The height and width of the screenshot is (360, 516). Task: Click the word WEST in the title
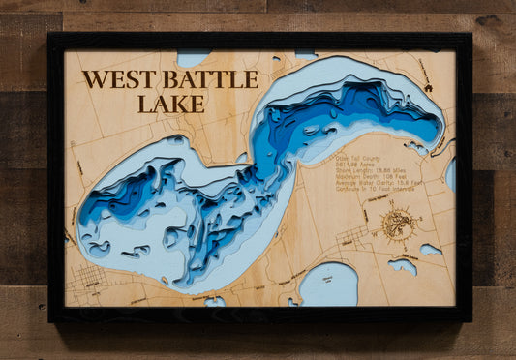[117, 80]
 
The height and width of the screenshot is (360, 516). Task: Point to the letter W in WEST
[93, 80]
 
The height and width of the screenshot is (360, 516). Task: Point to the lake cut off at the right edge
[450, 174]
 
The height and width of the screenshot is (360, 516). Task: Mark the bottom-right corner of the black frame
[470, 319]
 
